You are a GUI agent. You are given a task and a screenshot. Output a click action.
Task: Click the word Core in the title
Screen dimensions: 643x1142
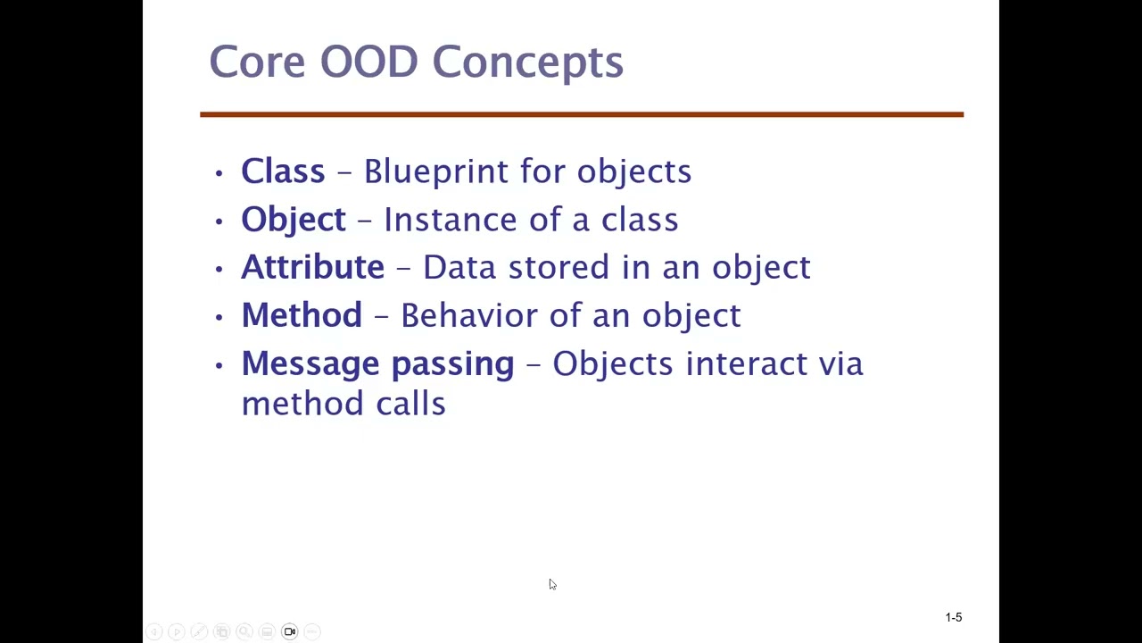click(x=256, y=62)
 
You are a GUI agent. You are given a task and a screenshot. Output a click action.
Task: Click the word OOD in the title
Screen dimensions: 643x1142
click(x=368, y=62)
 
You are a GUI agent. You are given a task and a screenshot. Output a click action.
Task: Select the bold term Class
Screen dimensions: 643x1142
click(x=283, y=171)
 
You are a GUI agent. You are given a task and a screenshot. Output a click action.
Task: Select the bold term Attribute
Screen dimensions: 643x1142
click(x=312, y=267)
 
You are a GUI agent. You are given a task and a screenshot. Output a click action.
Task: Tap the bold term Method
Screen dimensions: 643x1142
click(x=302, y=315)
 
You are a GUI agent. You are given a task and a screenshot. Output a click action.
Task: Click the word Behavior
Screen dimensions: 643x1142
click(x=468, y=315)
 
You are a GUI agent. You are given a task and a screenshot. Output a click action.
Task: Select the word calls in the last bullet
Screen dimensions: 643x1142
click(x=410, y=404)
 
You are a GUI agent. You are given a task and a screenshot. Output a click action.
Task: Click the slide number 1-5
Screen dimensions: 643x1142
click(x=953, y=617)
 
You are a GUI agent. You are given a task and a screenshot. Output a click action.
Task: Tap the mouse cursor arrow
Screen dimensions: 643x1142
click(x=552, y=584)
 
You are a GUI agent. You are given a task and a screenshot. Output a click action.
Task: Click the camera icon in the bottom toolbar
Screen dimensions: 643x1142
click(x=289, y=631)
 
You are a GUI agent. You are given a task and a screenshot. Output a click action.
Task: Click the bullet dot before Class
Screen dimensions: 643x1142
click(x=219, y=172)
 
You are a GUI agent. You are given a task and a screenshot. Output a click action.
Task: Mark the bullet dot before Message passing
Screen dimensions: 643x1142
click(x=219, y=364)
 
